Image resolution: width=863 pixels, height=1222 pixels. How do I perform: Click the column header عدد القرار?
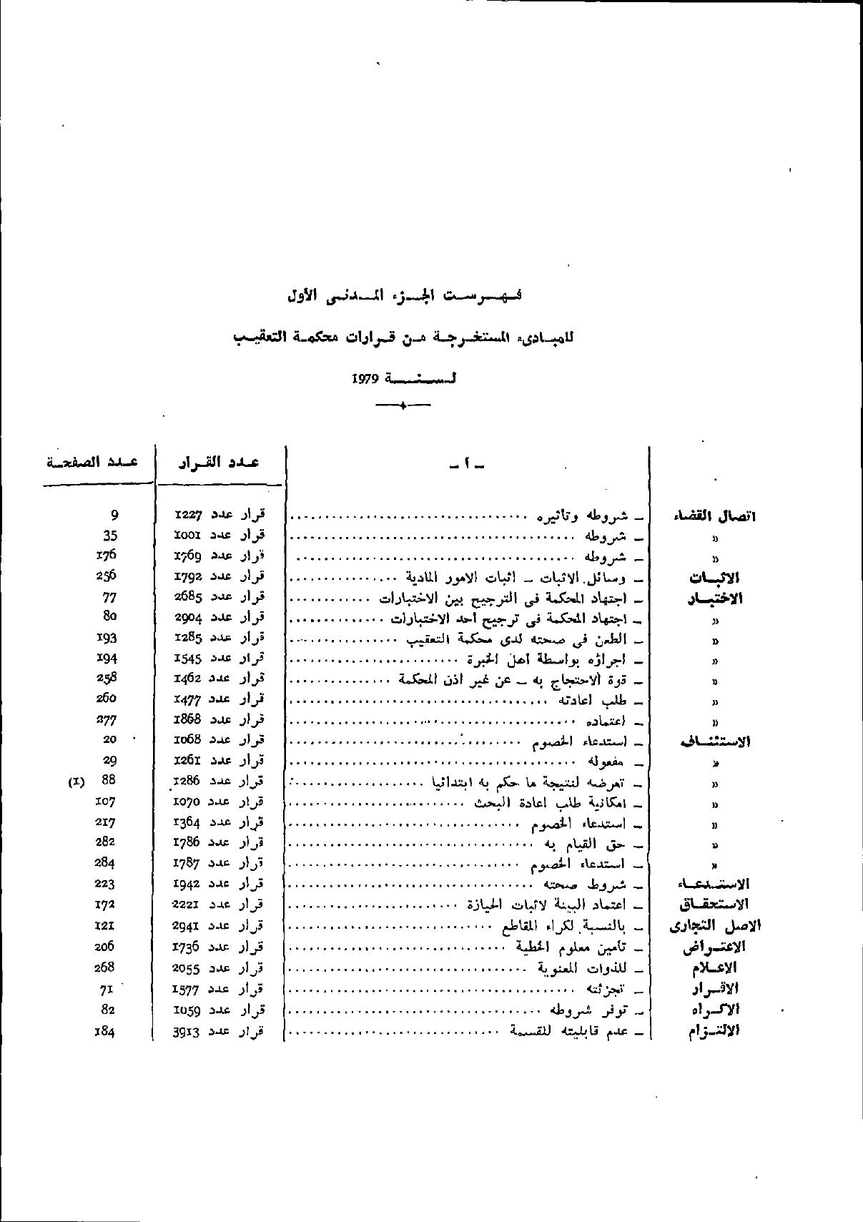219,462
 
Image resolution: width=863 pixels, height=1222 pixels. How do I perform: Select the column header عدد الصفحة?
92,461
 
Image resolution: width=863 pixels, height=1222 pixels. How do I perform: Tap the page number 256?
106,576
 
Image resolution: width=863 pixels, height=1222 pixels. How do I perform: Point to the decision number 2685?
188,596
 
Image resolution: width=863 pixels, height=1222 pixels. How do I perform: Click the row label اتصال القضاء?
714,516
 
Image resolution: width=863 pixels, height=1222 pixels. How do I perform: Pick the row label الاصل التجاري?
714,927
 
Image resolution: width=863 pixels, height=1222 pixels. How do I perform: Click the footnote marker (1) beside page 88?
76,782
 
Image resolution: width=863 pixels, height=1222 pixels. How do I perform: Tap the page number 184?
105,1031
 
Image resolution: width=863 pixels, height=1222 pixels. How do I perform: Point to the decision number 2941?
188,926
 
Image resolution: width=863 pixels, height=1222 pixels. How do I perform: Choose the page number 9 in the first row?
114,514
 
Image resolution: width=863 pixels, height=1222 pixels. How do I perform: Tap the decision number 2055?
188,968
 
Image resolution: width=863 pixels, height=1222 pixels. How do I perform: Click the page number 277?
106,719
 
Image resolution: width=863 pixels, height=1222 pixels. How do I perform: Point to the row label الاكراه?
715,1010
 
